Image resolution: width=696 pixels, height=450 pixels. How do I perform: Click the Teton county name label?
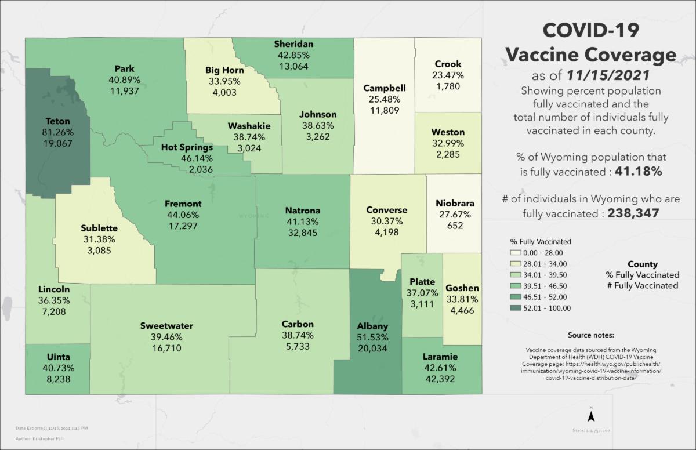[x=57, y=121]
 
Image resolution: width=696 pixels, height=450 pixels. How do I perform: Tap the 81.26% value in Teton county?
[x=57, y=132]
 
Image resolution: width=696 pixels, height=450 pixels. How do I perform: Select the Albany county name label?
[x=372, y=326]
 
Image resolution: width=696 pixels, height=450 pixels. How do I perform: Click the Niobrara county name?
[x=455, y=204]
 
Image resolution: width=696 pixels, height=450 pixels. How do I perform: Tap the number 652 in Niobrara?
[x=455, y=226]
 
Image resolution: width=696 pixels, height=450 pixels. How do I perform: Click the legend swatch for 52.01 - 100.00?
[x=515, y=308]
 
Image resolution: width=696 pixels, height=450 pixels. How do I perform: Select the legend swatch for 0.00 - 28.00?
[x=515, y=252]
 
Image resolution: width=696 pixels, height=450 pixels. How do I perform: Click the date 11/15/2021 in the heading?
[x=614, y=76]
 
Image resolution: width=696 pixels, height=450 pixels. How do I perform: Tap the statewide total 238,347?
[x=633, y=213]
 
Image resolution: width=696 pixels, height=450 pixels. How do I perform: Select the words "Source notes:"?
[x=591, y=335]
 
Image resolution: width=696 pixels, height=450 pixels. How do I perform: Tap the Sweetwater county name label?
[x=166, y=326]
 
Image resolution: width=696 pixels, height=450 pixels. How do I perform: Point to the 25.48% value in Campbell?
[x=385, y=99]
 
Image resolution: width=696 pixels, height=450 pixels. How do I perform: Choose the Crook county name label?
[x=448, y=64]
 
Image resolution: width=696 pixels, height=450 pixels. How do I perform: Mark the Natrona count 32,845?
[x=303, y=233]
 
